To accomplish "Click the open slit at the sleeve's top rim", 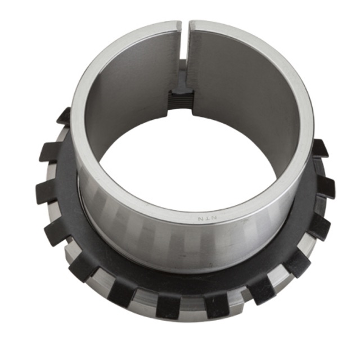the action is coord(184,41).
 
